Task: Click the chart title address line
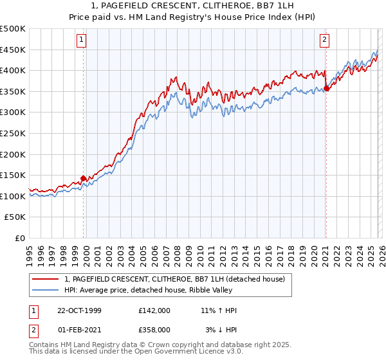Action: point(193,6)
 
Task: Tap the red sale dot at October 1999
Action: point(84,178)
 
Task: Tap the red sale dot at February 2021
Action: point(326,88)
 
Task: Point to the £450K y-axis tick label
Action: point(13,50)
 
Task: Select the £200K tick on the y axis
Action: point(13,154)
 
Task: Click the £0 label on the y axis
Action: point(19,239)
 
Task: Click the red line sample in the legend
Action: point(46,279)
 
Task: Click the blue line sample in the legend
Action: point(46,290)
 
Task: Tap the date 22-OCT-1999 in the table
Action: point(80,310)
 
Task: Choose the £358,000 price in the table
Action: point(154,329)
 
